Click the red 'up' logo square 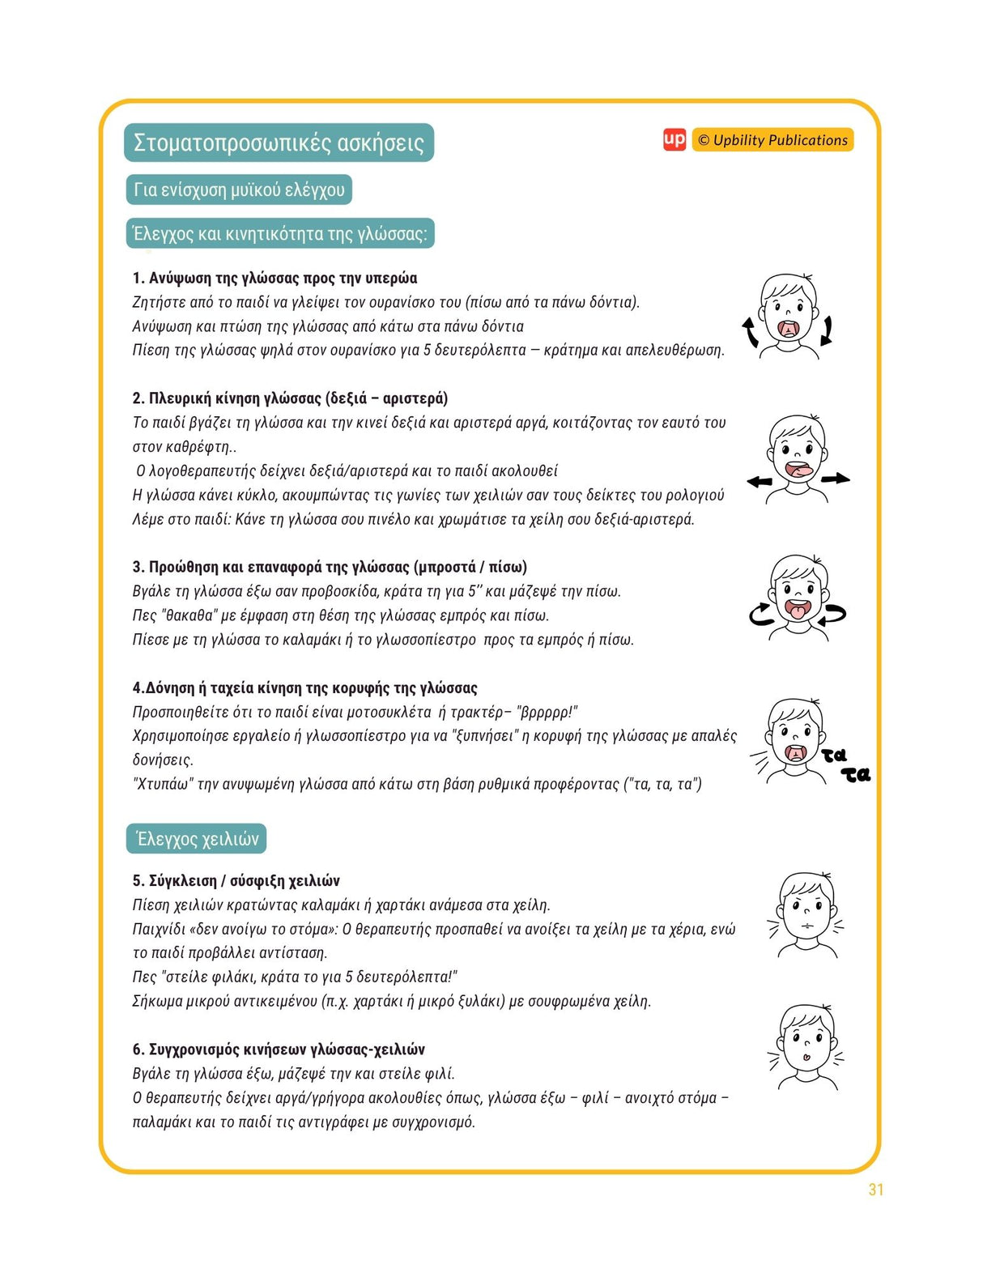674,140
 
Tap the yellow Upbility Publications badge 772,140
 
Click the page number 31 875,1190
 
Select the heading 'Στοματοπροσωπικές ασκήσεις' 279,143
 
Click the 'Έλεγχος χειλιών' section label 197,839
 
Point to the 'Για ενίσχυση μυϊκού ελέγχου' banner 239,189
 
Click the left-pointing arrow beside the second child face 760,482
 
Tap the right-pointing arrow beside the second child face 836,479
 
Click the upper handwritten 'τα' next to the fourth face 834,755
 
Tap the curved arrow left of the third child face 761,615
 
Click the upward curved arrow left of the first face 751,331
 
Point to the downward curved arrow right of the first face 826,330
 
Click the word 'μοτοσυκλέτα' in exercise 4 389,713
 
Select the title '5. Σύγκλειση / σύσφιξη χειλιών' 236,881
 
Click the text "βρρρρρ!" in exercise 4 547,713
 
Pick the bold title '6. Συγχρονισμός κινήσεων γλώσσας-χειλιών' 279,1049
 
